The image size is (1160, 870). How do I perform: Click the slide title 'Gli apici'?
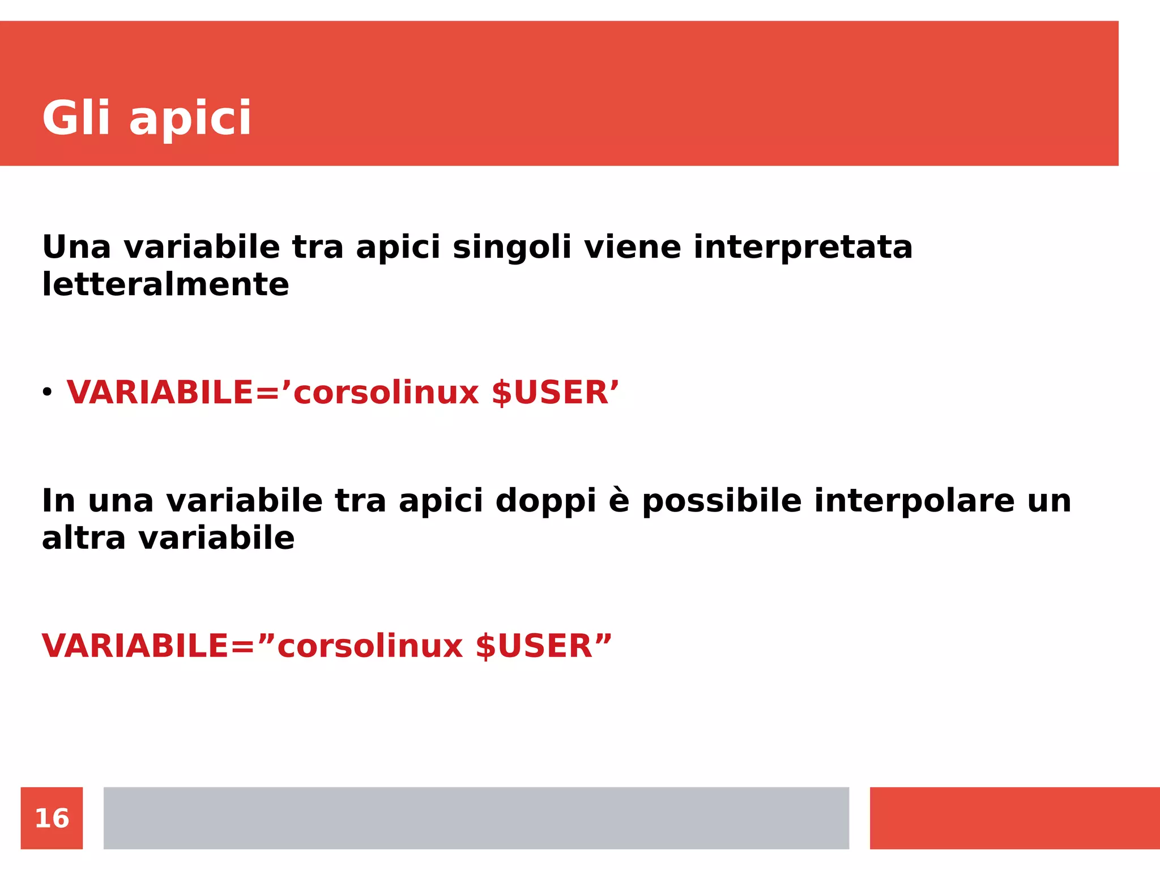pos(146,118)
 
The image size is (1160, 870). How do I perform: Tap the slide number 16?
pos(52,818)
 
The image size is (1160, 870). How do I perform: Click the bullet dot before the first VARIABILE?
pos(47,391)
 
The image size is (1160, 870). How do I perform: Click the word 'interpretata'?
pos(803,248)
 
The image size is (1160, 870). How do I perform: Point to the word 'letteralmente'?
pos(165,284)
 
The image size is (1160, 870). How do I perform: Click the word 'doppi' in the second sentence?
pos(545,502)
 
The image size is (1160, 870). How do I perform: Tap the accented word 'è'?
pos(619,501)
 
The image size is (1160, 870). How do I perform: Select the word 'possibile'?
pos(722,502)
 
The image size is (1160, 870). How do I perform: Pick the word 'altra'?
pos(83,538)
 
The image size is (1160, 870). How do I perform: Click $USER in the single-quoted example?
pos(549,393)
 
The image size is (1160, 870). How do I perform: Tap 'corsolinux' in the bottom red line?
pos(370,646)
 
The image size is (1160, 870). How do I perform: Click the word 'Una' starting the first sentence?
pos(76,248)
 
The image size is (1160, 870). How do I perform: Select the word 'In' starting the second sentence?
pos(58,501)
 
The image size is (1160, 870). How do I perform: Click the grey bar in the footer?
pos(476,818)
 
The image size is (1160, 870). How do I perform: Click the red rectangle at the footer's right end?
pos(1014,818)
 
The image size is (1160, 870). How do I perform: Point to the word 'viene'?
pos(632,248)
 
